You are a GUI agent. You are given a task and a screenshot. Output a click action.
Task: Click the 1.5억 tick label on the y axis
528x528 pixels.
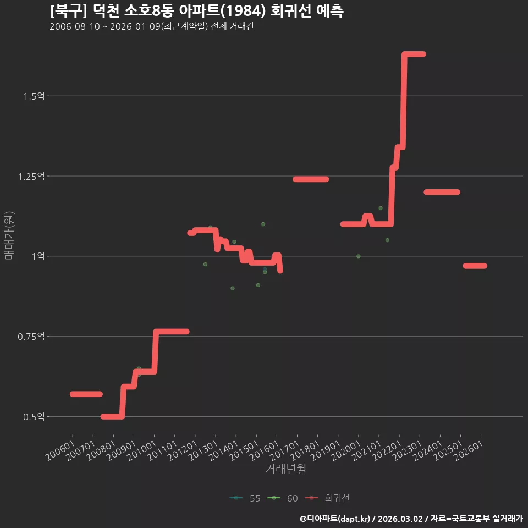click(x=34, y=96)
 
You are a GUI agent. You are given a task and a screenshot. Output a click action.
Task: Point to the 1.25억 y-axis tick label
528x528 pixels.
click(x=31, y=177)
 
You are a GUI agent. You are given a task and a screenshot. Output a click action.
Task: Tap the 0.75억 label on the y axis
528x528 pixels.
click(x=31, y=337)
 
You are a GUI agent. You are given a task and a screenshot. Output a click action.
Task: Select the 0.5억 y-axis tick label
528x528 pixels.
click(x=34, y=417)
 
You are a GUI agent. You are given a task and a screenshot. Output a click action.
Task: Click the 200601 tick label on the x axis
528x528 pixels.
click(x=61, y=450)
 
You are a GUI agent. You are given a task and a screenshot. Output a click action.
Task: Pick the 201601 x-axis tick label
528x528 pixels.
click(x=265, y=450)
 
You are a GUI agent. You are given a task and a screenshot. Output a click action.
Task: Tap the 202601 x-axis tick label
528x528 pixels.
click(x=469, y=450)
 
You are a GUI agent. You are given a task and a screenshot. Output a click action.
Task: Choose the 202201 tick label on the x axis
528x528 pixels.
click(x=387, y=450)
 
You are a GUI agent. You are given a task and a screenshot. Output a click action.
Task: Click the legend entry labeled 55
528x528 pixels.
click(x=245, y=498)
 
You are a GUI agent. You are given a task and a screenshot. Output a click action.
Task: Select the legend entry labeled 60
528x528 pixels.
click(x=283, y=498)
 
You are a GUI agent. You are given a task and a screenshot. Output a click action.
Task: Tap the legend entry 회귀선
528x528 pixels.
click(x=327, y=498)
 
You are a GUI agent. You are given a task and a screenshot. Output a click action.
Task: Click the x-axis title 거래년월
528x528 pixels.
click(x=286, y=469)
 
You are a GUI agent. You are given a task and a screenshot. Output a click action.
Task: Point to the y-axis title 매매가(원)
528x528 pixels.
click(x=9, y=235)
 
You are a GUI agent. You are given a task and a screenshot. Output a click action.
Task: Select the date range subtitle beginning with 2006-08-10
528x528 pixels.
click(x=152, y=26)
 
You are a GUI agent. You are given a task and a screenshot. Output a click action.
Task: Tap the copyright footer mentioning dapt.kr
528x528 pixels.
click(x=411, y=519)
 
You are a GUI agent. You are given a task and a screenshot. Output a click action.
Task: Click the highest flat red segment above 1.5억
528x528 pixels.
click(x=415, y=54)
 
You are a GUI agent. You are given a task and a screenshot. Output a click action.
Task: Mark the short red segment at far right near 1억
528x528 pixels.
click(x=475, y=266)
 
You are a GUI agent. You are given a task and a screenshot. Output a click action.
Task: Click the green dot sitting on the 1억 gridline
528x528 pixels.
click(x=359, y=256)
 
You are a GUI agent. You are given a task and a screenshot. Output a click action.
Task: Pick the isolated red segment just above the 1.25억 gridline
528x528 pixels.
click(x=311, y=179)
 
